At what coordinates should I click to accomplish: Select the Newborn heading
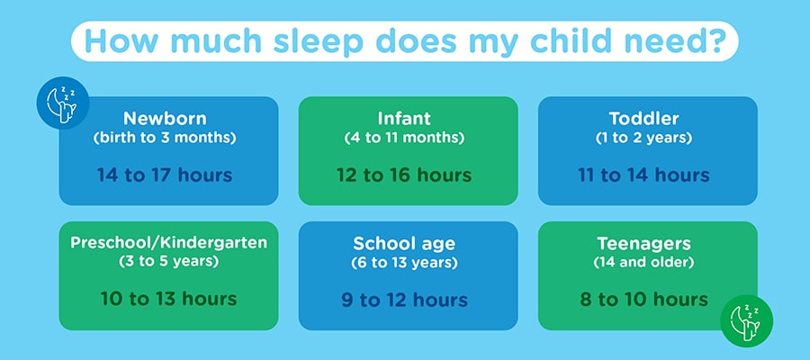165,119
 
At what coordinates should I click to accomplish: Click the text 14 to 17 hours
165,175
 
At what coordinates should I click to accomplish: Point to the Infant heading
404,118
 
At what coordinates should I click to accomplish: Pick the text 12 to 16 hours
404,175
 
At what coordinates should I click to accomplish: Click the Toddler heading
643,119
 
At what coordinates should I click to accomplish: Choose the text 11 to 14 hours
643,175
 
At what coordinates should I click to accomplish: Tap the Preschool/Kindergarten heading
169,243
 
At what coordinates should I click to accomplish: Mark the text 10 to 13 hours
169,299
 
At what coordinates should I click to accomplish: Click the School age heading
404,243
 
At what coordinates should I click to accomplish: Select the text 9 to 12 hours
404,300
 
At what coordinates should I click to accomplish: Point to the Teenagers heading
643,243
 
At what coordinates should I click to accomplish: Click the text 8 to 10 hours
643,299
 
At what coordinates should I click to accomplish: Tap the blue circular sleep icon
62,103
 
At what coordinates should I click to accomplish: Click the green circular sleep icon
746,320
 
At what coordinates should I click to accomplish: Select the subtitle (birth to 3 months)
165,139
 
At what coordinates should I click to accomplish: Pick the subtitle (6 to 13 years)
404,263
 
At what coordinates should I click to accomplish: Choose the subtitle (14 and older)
643,263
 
